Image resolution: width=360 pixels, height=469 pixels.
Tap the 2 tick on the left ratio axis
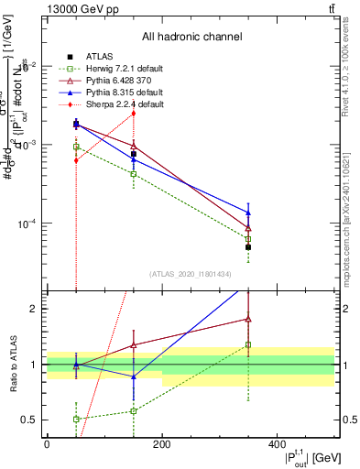[x=38, y=309]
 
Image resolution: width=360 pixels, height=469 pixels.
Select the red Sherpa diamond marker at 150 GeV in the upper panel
[x=134, y=113]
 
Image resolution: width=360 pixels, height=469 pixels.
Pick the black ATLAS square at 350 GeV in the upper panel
[x=248, y=247]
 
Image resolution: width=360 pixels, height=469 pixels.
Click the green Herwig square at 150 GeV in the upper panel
[x=134, y=173]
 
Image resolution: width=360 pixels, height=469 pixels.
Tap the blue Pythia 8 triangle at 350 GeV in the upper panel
[x=248, y=213]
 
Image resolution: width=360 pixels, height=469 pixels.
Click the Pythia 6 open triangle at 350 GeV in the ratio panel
[x=248, y=319]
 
